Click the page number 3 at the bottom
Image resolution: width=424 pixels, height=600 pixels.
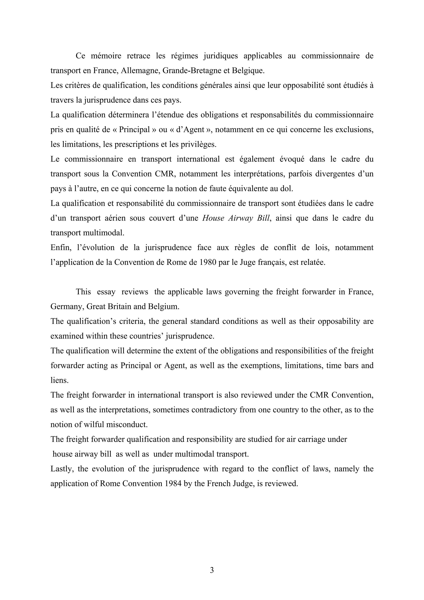coord(212,570)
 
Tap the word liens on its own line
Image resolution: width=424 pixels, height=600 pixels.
coord(59,380)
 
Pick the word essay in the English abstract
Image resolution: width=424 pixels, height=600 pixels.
coord(106,292)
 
